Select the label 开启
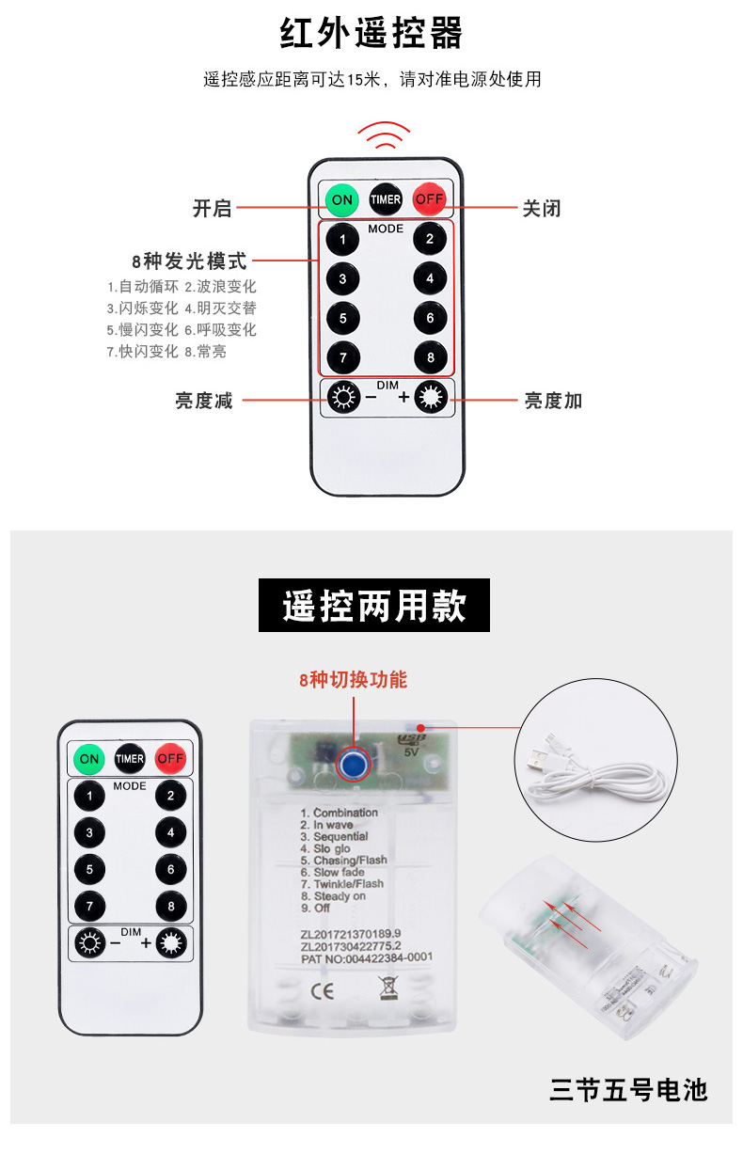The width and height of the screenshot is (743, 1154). pyautogui.click(x=212, y=209)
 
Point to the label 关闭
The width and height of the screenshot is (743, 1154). pyautogui.click(x=542, y=209)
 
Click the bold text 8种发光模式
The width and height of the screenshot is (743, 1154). pyautogui.click(x=189, y=261)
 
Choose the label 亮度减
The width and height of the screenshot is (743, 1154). pyautogui.click(x=203, y=401)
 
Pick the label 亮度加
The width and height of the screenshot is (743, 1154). pyautogui.click(x=553, y=401)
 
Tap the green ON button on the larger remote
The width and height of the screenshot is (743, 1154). pyautogui.click(x=342, y=199)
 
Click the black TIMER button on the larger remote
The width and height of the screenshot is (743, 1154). pyautogui.click(x=386, y=199)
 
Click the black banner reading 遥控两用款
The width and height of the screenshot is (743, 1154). pyautogui.click(x=374, y=606)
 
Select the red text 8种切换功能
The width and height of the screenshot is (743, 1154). pyautogui.click(x=353, y=679)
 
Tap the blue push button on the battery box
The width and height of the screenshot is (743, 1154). pyautogui.click(x=354, y=762)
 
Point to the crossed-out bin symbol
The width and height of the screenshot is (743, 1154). pyautogui.click(x=387, y=988)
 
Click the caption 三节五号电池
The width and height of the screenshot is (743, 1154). pyautogui.click(x=627, y=1090)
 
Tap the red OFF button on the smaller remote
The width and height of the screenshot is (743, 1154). pyautogui.click(x=170, y=758)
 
